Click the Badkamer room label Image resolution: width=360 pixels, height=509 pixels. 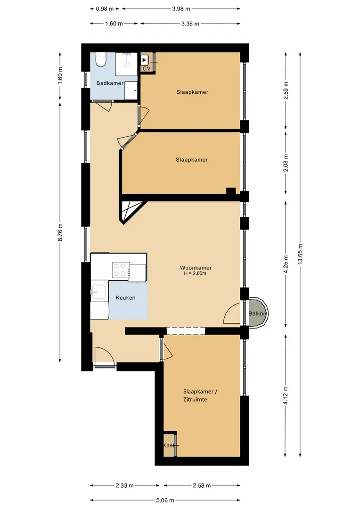110,83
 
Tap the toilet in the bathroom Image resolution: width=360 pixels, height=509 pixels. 101,59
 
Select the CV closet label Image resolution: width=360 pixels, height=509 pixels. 147,68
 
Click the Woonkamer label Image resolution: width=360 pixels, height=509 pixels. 196,268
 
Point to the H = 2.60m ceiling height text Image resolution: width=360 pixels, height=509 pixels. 195,273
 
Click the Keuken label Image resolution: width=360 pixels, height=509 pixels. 126,298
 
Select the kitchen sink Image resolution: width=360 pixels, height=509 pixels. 98,292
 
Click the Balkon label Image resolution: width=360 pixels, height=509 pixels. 257,313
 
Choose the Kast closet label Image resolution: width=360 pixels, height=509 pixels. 169,445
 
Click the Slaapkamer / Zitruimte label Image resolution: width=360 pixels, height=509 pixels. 200,395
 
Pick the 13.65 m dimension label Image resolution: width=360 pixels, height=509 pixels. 300,254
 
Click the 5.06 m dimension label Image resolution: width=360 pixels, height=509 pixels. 165,500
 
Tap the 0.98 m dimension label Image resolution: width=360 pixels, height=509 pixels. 105,9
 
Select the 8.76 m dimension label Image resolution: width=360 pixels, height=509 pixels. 60,232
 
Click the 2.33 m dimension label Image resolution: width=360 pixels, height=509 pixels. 125,485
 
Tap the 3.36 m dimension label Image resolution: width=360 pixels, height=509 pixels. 190,24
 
